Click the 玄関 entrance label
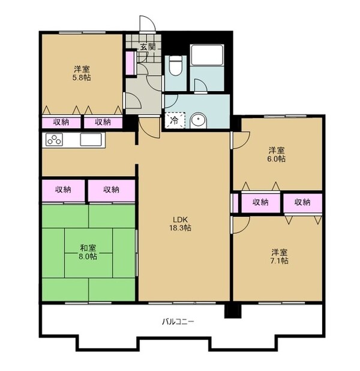(x=148, y=47)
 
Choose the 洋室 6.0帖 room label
(x=277, y=154)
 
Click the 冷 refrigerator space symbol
(x=175, y=120)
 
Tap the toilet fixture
(x=175, y=65)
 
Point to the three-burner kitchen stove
(x=54, y=140)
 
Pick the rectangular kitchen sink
(x=91, y=140)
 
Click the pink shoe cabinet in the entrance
(x=130, y=63)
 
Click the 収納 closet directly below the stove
(x=64, y=190)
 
